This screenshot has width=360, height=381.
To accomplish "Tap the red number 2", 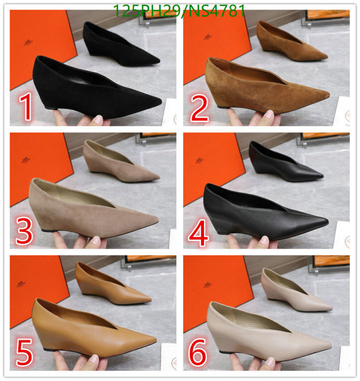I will [199, 108].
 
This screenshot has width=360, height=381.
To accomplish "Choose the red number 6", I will [198, 353].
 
